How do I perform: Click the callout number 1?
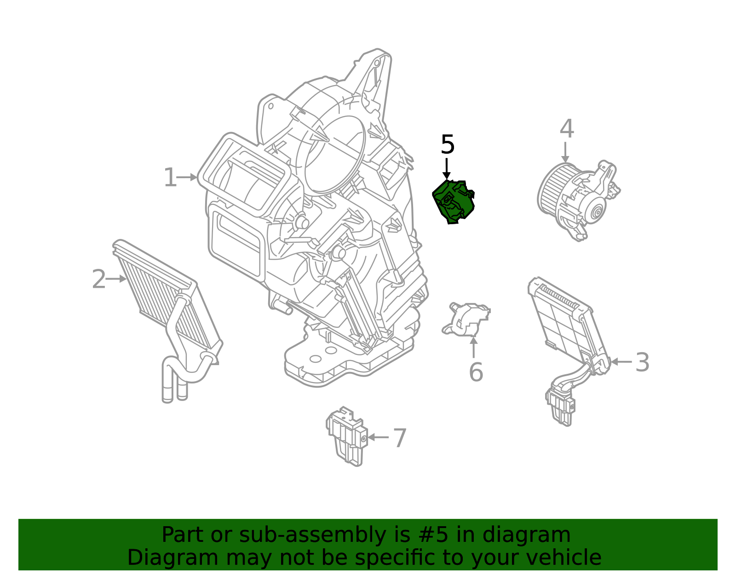point(170,178)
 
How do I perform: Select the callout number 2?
point(98,279)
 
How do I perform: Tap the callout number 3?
point(642,362)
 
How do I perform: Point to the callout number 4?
point(567,128)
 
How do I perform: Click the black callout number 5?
point(448,145)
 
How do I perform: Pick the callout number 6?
point(476,372)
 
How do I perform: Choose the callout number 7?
point(400,438)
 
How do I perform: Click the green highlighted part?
point(453,202)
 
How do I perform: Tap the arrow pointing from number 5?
point(447,168)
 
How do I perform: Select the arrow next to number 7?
point(378,437)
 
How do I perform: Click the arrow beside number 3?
point(621,362)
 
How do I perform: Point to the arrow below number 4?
point(565,152)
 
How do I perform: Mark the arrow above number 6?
point(473,347)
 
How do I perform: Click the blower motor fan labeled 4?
point(578,200)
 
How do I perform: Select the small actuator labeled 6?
point(466,319)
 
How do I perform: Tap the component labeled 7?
point(347,436)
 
